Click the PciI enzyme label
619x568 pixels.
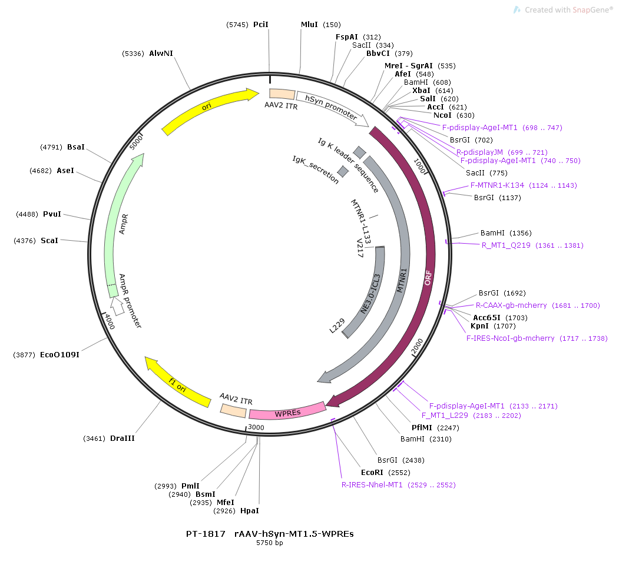[260, 25]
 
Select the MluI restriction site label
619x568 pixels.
[309, 25]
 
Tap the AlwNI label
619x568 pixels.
[161, 53]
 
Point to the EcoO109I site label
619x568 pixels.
[59, 354]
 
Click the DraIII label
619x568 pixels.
[123, 439]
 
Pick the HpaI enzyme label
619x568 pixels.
[250, 510]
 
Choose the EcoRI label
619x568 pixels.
[372, 472]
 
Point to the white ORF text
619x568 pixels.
[428, 278]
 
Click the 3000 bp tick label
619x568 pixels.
[256, 427]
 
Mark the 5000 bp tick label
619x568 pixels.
[136, 142]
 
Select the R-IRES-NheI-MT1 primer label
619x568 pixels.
[372, 485]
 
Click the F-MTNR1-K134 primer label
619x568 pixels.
[497, 185]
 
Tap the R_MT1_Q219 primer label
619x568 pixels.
[506, 245]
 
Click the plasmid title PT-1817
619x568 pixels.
[206, 534]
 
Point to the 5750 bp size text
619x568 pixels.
[270, 543]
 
